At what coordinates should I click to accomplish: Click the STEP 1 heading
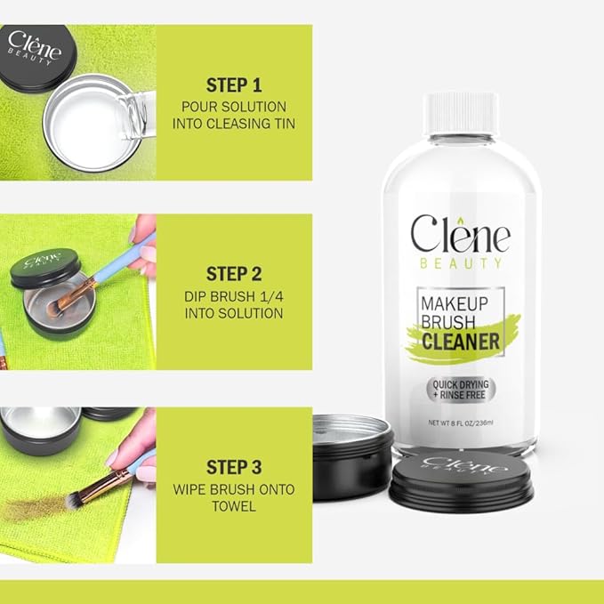(x=234, y=85)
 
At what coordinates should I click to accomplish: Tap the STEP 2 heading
(x=234, y=273)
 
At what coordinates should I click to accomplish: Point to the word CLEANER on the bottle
(x=460, y=342)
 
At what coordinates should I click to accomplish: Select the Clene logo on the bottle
(x=460, y=236)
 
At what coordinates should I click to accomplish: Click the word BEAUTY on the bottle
(x=460, y=263)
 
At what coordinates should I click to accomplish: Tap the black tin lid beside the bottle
(x=461, y=480)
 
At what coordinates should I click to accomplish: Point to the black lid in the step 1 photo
(x=36, y=52)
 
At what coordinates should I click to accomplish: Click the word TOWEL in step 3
(x=234, y=506)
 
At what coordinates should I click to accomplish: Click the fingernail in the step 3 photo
(x=112, y=456)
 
